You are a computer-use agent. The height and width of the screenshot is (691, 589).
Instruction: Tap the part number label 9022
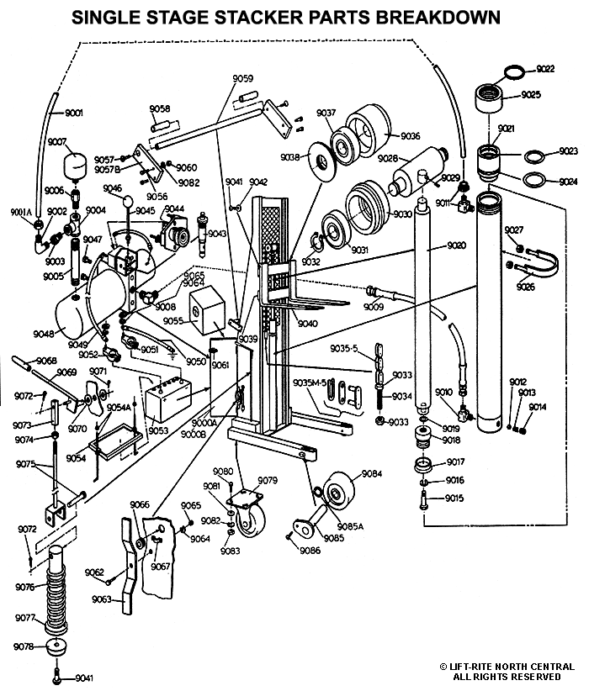545,69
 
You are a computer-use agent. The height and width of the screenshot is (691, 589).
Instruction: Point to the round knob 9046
128,203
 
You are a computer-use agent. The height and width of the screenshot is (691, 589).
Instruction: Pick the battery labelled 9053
168,398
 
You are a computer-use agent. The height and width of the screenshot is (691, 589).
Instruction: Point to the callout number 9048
43,334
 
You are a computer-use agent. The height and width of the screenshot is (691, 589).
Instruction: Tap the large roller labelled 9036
368,131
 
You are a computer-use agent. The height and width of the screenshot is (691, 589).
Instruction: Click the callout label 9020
457,245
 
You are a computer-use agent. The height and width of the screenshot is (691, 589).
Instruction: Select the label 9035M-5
310,382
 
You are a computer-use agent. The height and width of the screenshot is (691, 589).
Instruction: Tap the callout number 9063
102,599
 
